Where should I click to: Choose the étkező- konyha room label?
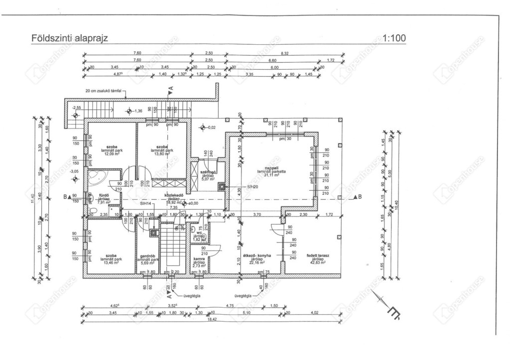pyautogui.click(x=256, y=255)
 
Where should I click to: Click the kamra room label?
pyautogui.click(x=200, y=259)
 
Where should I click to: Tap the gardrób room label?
pyautogui.click(x=149, y=255)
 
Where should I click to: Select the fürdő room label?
pyautogui.click(x=104, y=195)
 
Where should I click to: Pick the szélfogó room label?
pyautogui.click(x=207, y=172)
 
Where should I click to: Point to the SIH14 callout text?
pyautogui.click(x=145, y=204)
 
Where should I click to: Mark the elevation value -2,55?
pyautogui.click(x=76, y=107)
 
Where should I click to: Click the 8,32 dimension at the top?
pyautogui.click(x=284, y=53)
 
